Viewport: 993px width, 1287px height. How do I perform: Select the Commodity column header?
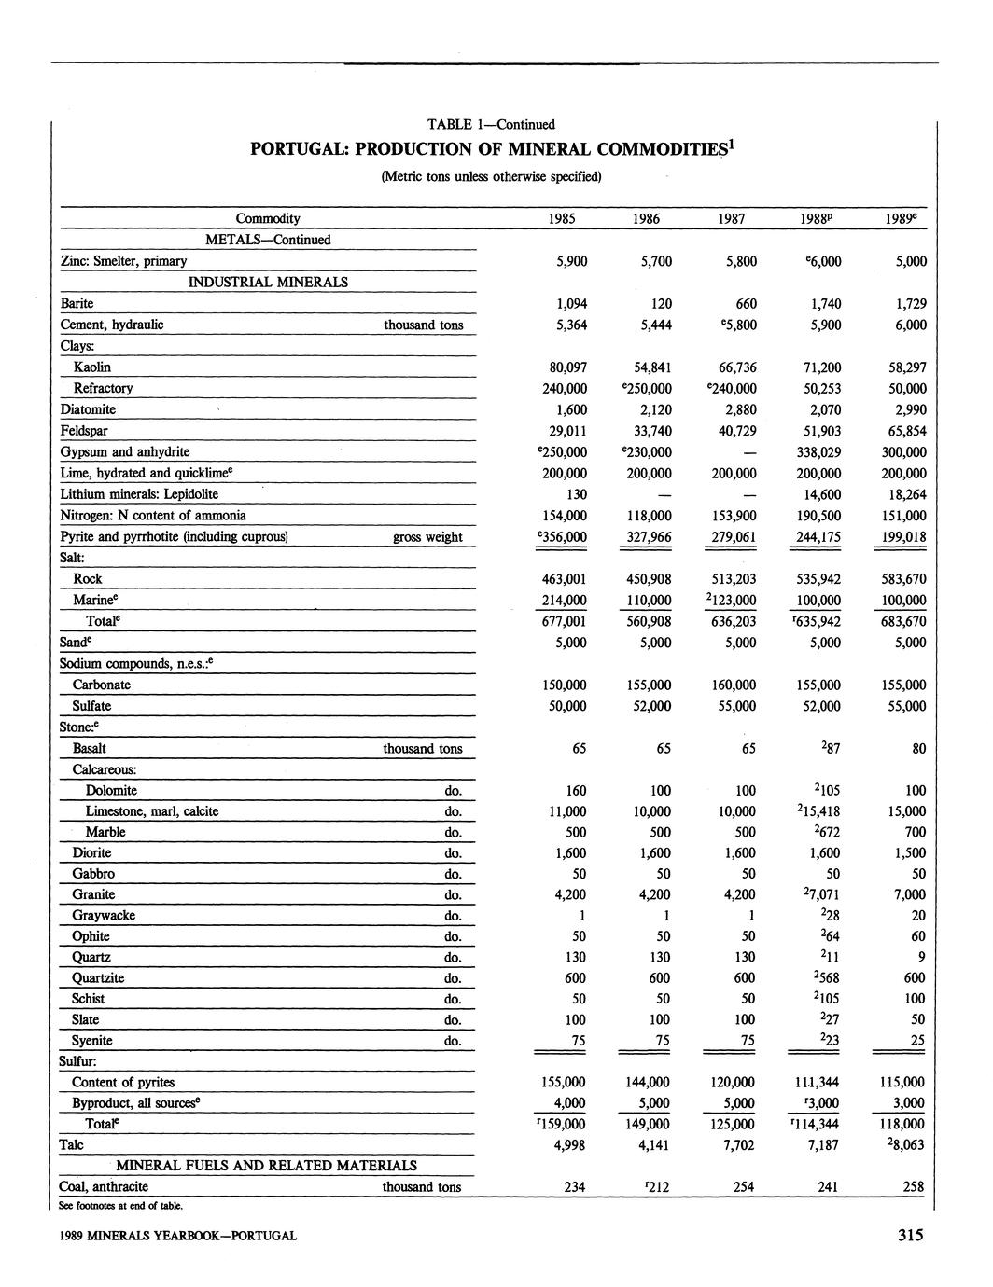pos(268,219)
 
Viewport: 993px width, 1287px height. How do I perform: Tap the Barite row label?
pos(77,303)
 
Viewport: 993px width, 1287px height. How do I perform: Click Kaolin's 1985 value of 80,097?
pos(565,367)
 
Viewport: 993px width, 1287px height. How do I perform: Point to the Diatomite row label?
pos(88,409)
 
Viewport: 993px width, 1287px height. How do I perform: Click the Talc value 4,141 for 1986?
pos(651,1145)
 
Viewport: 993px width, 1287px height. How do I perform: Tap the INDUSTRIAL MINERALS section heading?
pos(268,282)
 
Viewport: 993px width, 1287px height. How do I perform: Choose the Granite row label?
pos(93,895)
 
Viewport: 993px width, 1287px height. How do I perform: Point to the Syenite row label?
pos(91,1041)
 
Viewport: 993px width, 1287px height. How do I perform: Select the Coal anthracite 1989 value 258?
pos(913,1187)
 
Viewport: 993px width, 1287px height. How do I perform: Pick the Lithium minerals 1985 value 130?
pos(575,494)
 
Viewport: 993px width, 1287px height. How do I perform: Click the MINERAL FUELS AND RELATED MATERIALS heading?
pos(266,1166)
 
